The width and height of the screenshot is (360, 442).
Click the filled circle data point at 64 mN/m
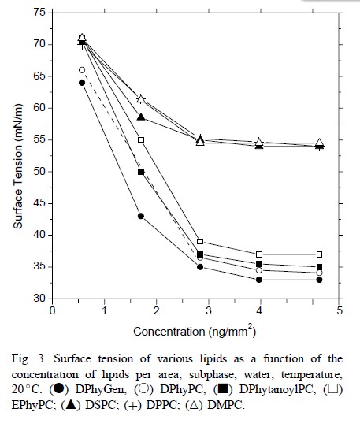82,83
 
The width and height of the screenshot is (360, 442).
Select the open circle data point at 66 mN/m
82,70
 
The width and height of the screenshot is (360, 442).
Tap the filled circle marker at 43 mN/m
141,216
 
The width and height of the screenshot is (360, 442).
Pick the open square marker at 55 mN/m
141,139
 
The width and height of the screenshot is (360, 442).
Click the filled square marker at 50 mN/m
141,172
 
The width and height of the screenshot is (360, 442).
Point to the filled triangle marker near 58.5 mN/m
141,117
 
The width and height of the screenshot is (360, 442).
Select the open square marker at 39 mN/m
200,241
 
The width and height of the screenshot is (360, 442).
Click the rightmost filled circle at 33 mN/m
319,280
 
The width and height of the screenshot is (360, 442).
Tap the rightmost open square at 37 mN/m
319,254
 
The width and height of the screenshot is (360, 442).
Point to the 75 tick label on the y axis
39,13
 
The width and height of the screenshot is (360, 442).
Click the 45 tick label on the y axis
39,203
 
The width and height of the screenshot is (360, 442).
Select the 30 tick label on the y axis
39,299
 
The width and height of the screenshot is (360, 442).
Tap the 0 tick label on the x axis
53,310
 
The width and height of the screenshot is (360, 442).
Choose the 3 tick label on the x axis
208,310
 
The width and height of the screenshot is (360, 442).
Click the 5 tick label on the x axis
340,310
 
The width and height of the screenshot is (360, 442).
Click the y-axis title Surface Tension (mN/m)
18,166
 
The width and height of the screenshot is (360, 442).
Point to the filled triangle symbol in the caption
71,405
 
